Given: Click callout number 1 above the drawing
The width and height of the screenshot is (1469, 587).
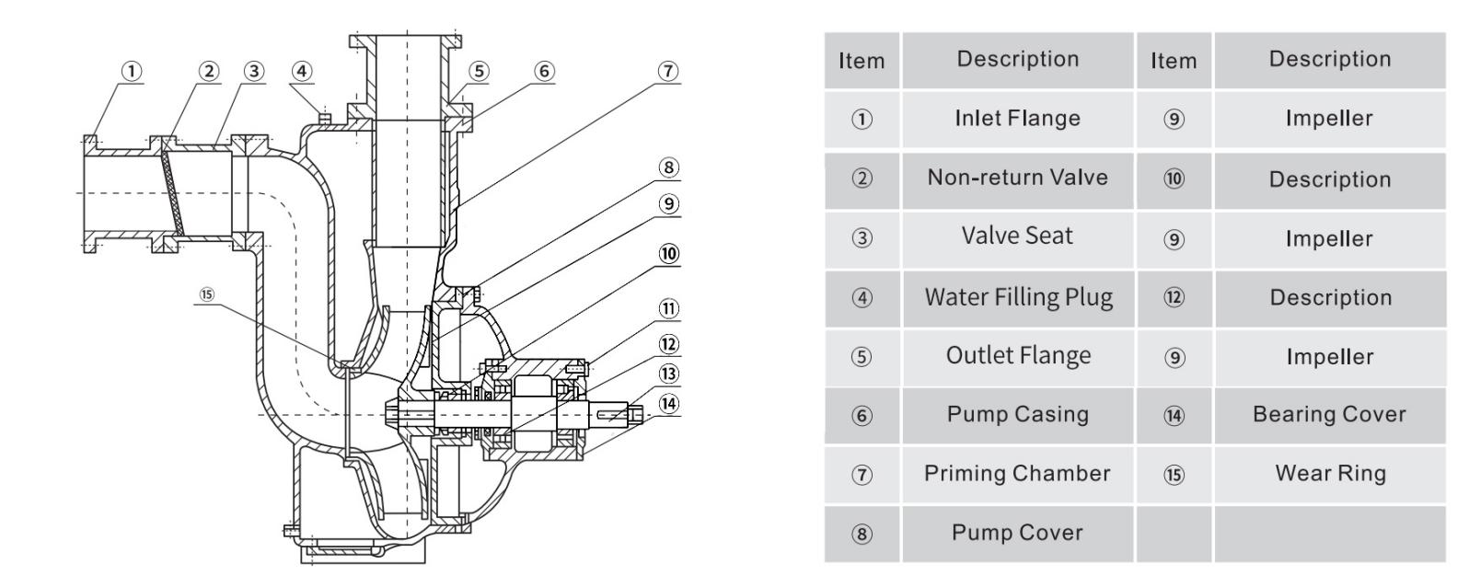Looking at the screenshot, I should tap(133, 71).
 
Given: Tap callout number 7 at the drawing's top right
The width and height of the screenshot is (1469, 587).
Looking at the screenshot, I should tap(667, 71).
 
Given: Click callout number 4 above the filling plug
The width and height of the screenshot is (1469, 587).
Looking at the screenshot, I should tap(301, 71).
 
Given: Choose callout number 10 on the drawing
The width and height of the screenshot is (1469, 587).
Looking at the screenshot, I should tap(668, 254).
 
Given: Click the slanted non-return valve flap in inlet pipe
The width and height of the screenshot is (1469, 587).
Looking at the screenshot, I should tap(169, 193).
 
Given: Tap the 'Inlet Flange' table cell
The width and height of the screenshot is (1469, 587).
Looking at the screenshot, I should tap(1017, 119).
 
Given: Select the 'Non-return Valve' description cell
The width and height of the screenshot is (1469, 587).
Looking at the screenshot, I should tap(1017, 178).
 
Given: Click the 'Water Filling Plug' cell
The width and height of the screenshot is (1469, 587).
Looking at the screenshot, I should tap(1017, 297).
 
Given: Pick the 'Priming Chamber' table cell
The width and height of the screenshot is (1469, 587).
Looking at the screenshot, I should tap(1017, 474).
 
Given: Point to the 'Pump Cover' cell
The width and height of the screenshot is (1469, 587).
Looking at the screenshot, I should tap(1017, 533).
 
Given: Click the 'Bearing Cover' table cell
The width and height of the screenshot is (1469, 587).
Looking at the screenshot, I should tap(1329, 415).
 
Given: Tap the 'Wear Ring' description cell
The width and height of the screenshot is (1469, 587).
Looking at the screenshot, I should tap(1329, 474).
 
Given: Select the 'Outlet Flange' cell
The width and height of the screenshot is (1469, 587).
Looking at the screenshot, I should tap(1017, 356).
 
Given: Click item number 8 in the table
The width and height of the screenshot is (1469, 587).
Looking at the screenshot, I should tap(861, 534).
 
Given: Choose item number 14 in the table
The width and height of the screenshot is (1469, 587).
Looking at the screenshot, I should tap(1174, 416).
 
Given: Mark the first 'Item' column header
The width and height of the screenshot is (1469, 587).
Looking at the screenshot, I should tap(861, 61).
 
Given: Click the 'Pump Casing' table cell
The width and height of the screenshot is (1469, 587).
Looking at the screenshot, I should tap(1017, 415).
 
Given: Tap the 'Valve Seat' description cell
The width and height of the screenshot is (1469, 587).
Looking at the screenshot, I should tap(1017, 236).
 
